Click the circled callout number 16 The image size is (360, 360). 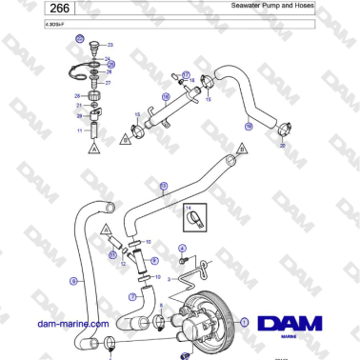coord(165,96)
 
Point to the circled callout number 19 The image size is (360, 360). coord(248,125)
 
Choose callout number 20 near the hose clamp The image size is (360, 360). coord(282,146)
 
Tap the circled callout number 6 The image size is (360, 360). coord(72,281)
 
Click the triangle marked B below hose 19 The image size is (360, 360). coord(242,150)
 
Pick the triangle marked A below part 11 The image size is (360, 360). coord(93,150)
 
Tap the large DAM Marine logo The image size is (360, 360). coord(291,327)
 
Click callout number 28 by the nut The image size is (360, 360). coord(77,96)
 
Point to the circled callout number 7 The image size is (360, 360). coord(132,296)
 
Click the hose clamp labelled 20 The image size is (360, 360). coord(282,129)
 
